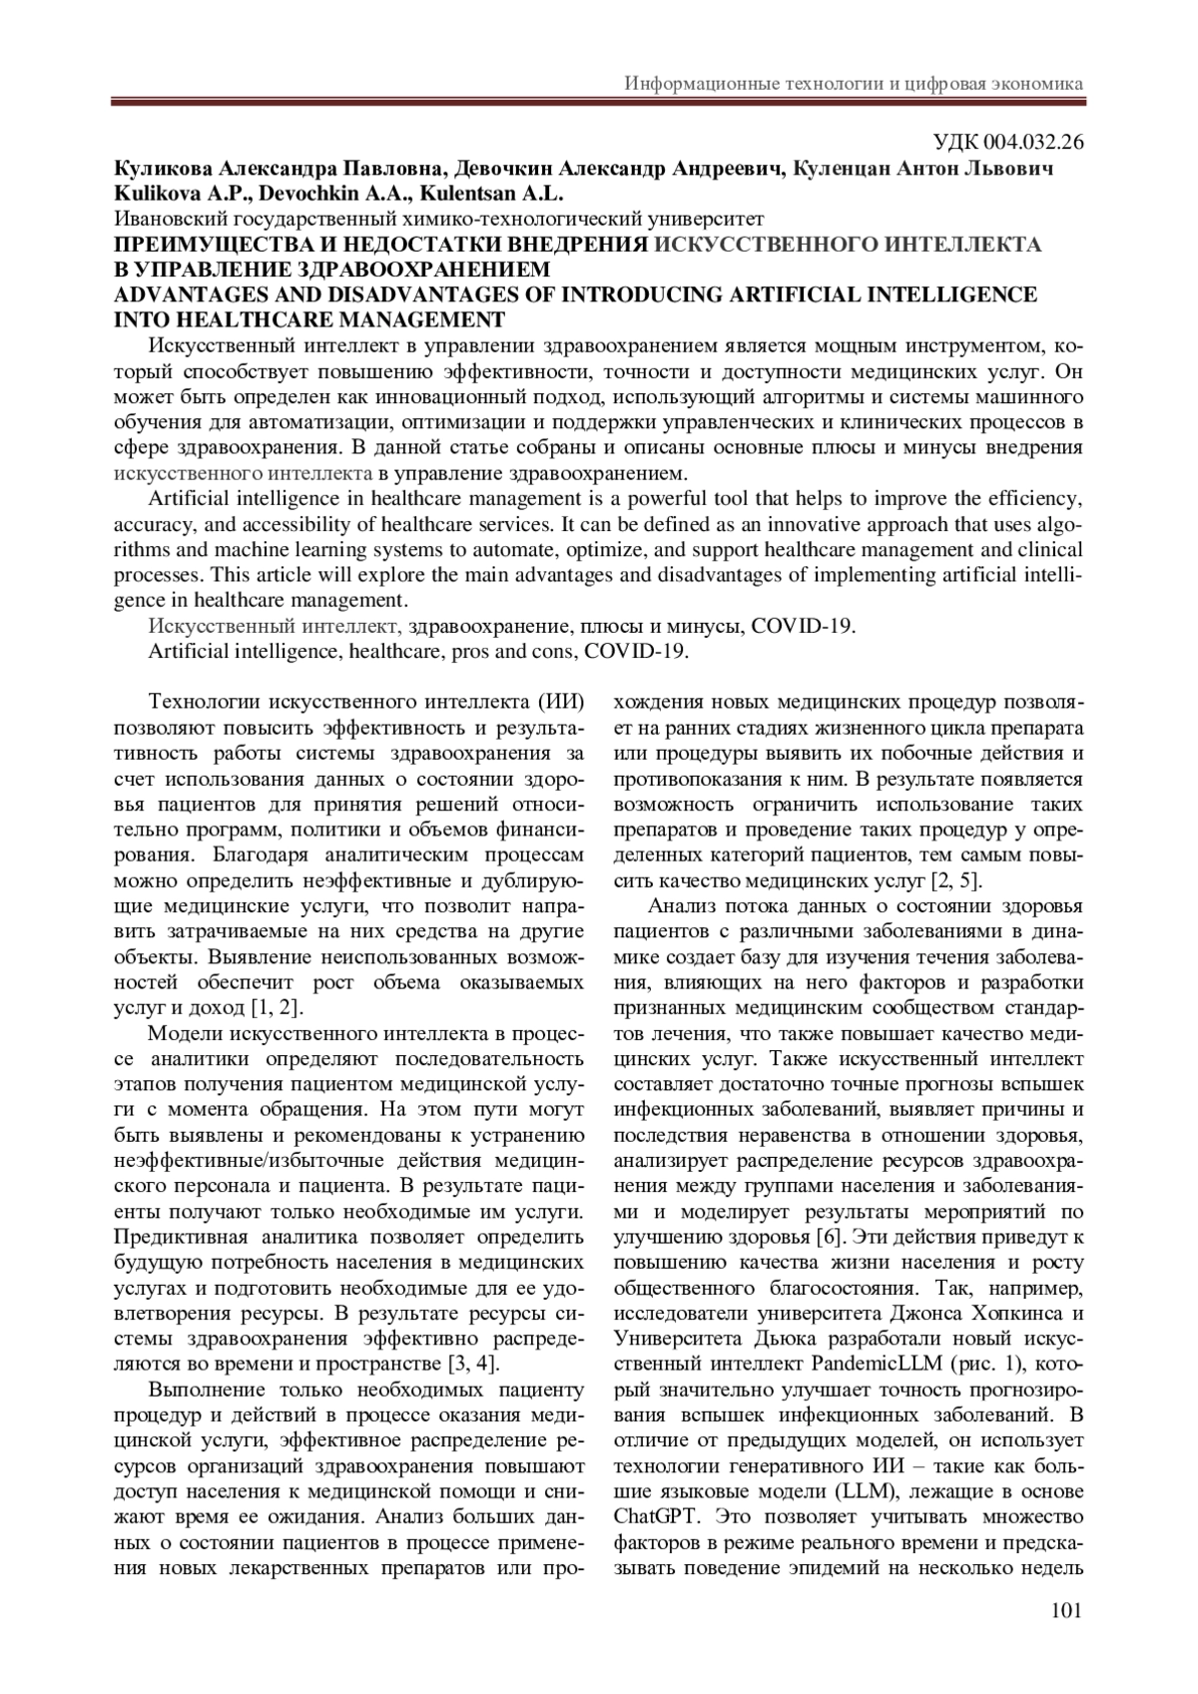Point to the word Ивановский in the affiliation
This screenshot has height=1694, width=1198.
point(164,218)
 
